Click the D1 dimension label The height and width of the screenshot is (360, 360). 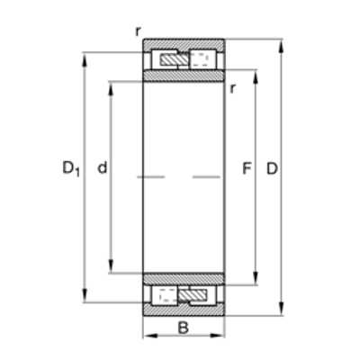click(71, 168)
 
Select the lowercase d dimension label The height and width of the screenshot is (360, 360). click(103, 167)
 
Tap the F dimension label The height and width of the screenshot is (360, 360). click(247, 168)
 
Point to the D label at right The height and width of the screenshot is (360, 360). click(273, 168)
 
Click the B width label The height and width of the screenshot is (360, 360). click(184, 328)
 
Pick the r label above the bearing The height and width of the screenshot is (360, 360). click(138, 31)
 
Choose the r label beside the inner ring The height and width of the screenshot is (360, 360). click(232, 88)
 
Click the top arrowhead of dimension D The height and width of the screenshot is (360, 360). click(281, 46)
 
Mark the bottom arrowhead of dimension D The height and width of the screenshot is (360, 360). click(281, 309)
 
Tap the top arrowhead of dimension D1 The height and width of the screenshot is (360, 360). click(85, 59)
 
